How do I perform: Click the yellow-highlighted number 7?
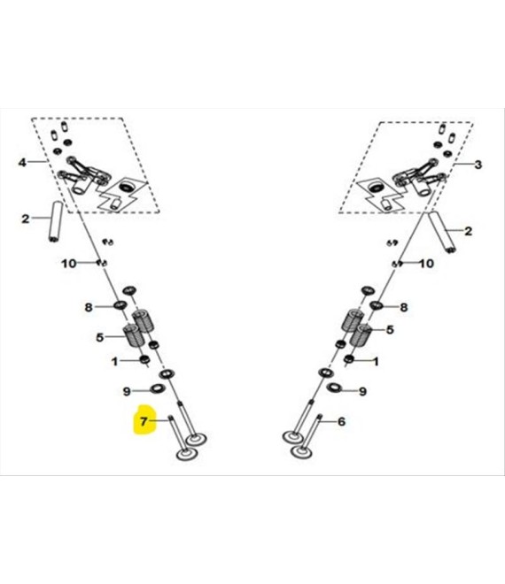pyautogui.click(x=144, y=421)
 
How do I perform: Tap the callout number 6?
pyautogui.click(x=341, y=421)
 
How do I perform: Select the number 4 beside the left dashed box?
pyautogui.click(x=23, y=163)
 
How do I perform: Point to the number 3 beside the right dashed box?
pyautogui.click(x=478, y=165)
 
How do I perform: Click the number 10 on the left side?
pyautogui.click(x=68, y=264)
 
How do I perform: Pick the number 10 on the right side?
pyautogui.click(x=427, y=264)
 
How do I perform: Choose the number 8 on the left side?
pyautogui.click(x=89, y=307)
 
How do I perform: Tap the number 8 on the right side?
pyautogui.click(x=404, y=307)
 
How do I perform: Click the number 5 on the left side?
pyautogui.click(x=99, y=337)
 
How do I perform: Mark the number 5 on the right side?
pyautogui.click(x=390, y=330)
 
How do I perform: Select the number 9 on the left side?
pyautogui.click(x=127, y=391)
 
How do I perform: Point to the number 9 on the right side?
pyautogui.click(x=362, y=391)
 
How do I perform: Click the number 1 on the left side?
pyautogui.click(x=115, y=361)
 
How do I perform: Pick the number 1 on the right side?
pyautogui.click(x=376, y=361)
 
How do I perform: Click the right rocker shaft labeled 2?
pyautogui.click(x=442, y=232)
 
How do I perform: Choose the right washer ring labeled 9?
pyautogui.click(x=334, y=388)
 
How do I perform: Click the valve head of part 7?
pyautogui.click(x=186, y=454)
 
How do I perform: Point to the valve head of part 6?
pyautogui.click(x=301, y=452)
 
